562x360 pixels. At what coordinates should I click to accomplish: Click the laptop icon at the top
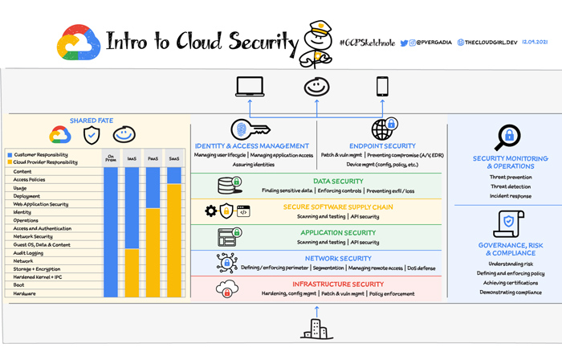tap(249, 86)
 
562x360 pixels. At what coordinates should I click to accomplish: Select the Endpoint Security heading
tap(382, 145)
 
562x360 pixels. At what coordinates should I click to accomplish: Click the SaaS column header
tap(174, 158)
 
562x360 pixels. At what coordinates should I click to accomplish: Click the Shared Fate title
tap(91, 121)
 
